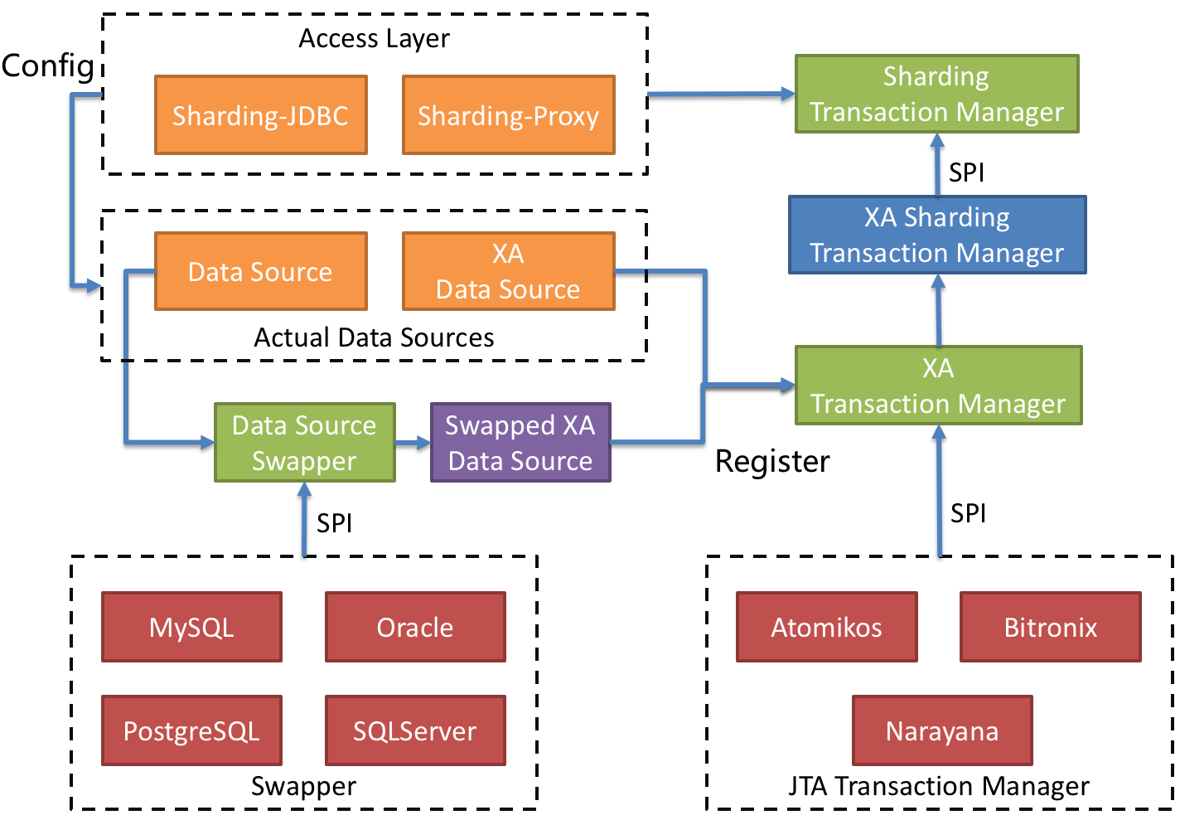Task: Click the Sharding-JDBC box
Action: [x=260, y=115]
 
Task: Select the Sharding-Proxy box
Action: [x=508, y=115]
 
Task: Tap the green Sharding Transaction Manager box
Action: [x=936, y=94]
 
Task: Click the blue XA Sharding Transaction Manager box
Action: [x=936, y=235]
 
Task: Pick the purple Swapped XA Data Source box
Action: [x=520, y=443]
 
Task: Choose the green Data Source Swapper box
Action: [x=304, y=443]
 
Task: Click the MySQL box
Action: [x=191, y=627]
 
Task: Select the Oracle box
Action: [x=415, y=627]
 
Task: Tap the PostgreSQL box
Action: [x=191, y=730]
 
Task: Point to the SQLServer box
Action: [x=415, y=730]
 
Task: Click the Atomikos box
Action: [x=826, y=627]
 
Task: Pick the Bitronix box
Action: [x=1050, y=627]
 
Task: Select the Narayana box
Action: [x=942, y=730]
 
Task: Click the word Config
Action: [x=47, y=66]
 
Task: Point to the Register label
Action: [x=772, y=461]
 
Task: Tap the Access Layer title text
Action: [x=374, y=38]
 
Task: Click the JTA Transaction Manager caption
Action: [x=939, y=785]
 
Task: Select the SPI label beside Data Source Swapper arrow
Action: [x=334, y=523]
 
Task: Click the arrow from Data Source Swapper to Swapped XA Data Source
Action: [x=413, y=443]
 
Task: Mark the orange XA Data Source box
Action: [x=508, y=271]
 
